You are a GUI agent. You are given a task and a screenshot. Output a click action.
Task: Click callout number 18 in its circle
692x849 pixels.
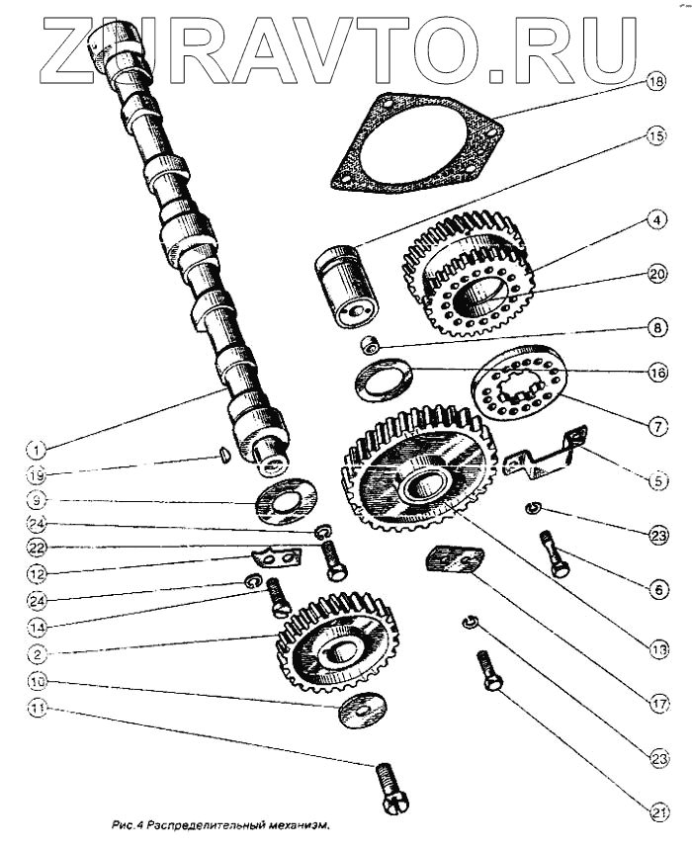pos(653,84)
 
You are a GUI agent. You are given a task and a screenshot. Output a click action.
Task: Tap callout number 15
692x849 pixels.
pos(653,137)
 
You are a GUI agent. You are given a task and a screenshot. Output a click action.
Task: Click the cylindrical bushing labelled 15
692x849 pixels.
pos(346,286)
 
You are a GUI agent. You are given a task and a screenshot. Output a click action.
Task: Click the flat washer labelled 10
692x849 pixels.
pos(362,710)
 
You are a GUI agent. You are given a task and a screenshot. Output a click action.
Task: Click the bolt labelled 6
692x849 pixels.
pos(555,553)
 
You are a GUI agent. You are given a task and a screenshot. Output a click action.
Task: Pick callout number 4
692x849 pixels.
pos(654,220)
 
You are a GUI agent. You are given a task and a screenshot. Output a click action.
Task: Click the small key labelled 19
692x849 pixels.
pos(224,455)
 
